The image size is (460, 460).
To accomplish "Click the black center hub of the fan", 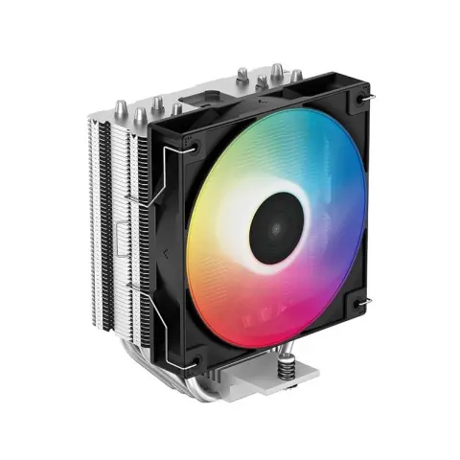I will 276,227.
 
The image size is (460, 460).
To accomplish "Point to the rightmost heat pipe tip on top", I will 296,76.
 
